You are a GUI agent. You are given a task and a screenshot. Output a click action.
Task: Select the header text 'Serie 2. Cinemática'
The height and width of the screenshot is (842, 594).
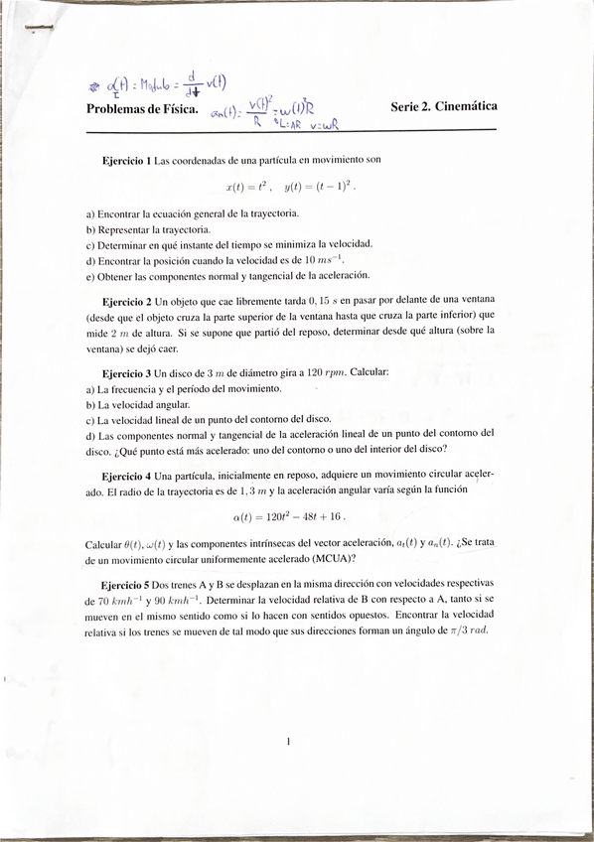pyautogui.click(x=444, y=107)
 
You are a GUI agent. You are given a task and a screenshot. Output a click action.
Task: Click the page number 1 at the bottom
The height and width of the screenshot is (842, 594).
pyautogui.click(x=287, y=741)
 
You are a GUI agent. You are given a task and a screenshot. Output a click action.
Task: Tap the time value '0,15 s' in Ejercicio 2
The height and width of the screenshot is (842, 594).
pyautogui.click(x=326, y=300)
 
